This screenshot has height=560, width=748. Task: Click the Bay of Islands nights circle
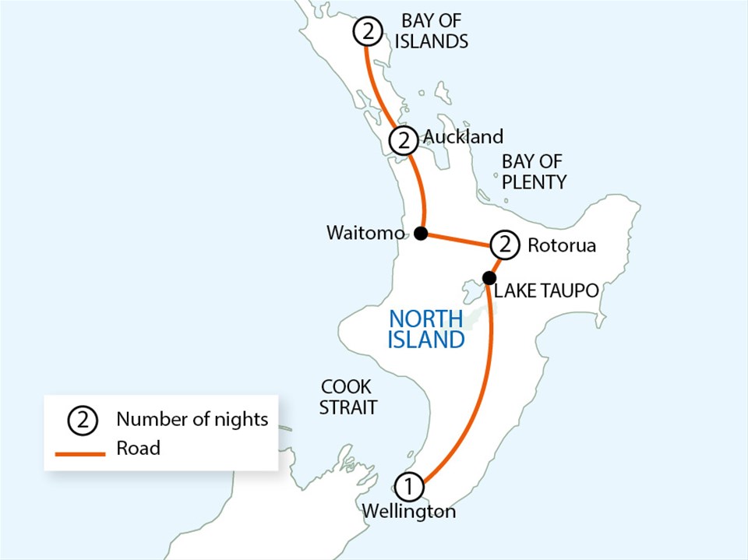367,32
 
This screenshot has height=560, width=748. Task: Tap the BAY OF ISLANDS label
431,31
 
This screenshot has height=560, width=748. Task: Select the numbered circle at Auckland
403,141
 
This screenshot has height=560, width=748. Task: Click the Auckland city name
464,137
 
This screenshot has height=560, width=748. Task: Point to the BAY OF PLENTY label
534,172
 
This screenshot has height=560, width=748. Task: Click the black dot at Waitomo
421,233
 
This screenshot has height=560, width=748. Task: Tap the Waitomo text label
365,233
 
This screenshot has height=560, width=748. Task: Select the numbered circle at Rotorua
506,245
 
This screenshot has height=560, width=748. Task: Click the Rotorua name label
562,245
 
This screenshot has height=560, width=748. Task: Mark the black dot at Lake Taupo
489,277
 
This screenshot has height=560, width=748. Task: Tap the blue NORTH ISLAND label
427,329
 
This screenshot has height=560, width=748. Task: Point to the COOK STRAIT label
348,396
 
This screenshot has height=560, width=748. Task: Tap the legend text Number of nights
192,420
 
